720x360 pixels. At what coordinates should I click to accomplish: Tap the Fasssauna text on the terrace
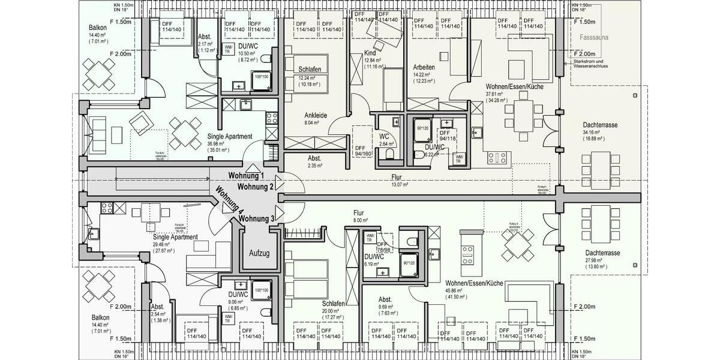pyautogui.click(x=594, y=38)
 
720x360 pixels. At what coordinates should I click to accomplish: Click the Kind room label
pyautogui.click(x=370, y=53)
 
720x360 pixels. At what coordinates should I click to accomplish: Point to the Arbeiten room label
pyautogui.click(x=423, y=67)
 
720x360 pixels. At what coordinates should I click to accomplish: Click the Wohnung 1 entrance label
pyautogui.click(x=246, y=176)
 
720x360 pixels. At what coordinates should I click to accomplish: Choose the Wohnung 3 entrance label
pyautogui.click(x=256, y=218)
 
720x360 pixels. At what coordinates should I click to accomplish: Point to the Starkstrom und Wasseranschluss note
pyautogui.click(x=590, y=64)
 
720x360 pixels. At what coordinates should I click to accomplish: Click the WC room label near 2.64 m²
pyautogui.click(x=385, y=136)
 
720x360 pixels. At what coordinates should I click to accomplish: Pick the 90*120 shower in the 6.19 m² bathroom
pyautogui.click(x=409, y=263)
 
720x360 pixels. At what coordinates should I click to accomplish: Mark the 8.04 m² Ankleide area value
pyautogui.click(x=312, y=122)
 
